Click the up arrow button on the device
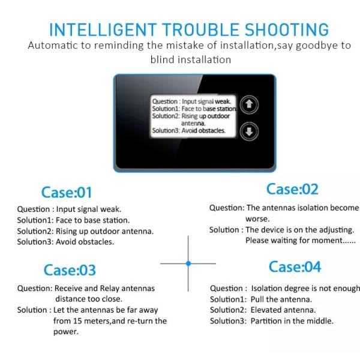click(x=249, y=104)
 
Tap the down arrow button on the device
click(x=249, y=131)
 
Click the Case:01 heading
click(x=67, y=192)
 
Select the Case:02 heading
click(x=292, y=189)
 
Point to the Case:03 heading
click(x=70, y=270)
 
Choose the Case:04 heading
click(x=295, y=267)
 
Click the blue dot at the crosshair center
click(x=188, y=263)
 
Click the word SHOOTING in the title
click(x=287, y=30)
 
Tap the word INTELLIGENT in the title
click(x=103, y=30)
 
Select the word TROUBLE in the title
click(x=201, y=30)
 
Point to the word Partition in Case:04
click(x=266, y=321)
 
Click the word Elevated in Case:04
click(x=266, y=310)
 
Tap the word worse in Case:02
click(x=257, y=219)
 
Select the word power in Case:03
click(x=66, y=332)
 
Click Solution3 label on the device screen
click(x=166, y=130)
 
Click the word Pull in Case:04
click(x=257, y=299)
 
